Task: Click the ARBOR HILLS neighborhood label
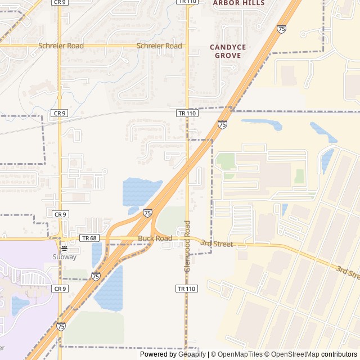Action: click(238, 3)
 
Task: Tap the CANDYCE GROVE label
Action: click(228, 51)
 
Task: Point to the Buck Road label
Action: click(155, 238)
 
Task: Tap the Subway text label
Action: click(65, 257)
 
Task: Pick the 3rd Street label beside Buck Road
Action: click(216, 244)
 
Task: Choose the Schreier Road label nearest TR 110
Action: click(160, 46)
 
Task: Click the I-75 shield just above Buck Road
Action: click(147, 213)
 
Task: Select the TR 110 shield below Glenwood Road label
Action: click(187, 289)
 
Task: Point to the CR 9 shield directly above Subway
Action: click(60, 214)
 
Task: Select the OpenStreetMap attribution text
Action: click(292, 354)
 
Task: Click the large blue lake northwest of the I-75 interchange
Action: click(138, 191)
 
